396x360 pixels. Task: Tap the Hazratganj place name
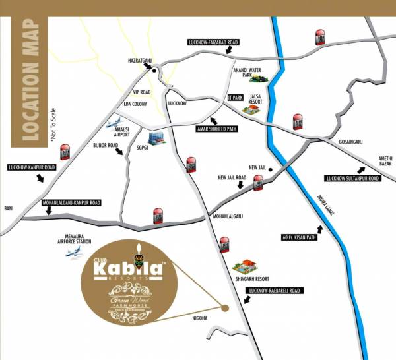tap(140, 61)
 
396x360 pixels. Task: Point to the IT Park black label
tap(235, 97)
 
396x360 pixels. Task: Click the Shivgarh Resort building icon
tap(246, 265)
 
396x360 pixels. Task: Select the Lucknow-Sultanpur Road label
tap(352, 179)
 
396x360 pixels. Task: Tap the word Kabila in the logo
tap(125, 269)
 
